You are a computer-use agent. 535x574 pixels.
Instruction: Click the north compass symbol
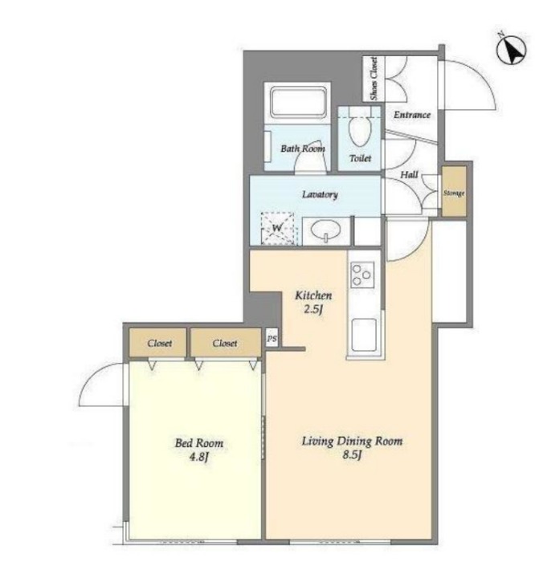click(511, 50)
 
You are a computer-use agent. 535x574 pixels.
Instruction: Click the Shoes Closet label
click(374, 79)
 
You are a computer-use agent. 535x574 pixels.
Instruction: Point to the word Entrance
click(412, 115)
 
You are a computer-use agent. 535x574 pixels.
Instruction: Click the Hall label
click(409, 175)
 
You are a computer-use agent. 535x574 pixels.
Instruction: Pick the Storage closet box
click(454, 191)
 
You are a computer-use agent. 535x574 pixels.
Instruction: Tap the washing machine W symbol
click(277, 229)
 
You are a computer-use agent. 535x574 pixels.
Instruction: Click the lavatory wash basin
click(325, 230)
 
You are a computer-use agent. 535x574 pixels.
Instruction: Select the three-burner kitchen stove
click(362, 275)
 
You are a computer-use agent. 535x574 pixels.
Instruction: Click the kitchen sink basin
click(364, 335)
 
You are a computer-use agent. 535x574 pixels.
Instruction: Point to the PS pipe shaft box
click(272, 338)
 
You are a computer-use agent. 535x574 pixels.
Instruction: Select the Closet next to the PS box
click(226, 343)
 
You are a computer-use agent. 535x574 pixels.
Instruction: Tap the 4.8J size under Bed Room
click(199, 457)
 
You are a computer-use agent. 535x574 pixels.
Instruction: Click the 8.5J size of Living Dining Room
click(352, 455)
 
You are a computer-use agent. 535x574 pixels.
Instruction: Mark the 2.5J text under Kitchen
click(313, 309)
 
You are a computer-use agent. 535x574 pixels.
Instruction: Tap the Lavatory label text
click(320, 194)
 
